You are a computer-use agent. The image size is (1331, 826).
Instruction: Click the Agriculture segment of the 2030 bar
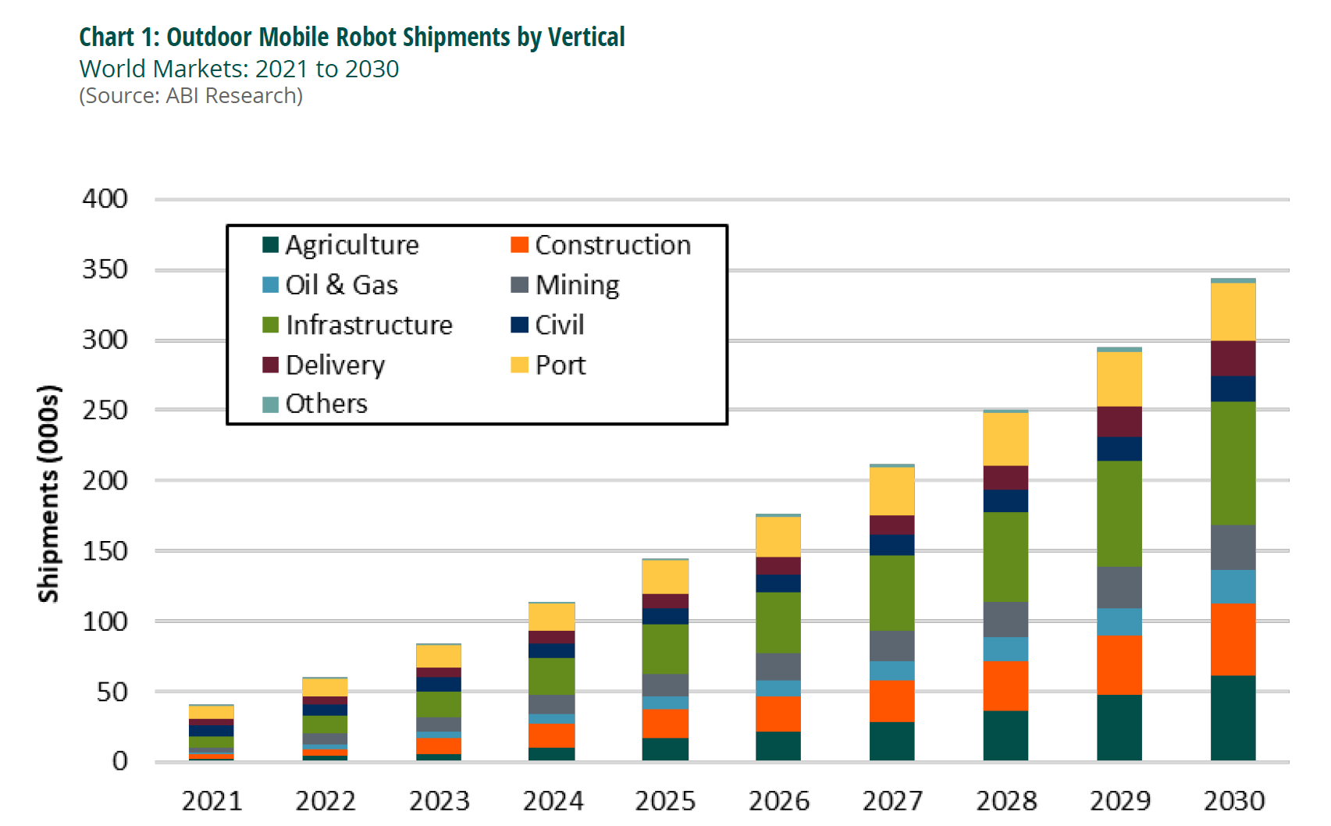(1233, 717)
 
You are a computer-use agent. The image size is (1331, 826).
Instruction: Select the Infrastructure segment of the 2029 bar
(1119, 514)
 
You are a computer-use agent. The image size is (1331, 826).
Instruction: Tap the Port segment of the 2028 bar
(1005, 439)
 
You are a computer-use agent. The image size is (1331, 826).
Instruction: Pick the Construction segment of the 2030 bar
(1233, 639)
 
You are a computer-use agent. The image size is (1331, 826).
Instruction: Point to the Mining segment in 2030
(1233, 547)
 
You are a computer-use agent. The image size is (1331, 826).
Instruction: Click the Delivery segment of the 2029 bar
(1119, 422)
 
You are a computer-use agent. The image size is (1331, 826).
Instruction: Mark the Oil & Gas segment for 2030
(1233, 586)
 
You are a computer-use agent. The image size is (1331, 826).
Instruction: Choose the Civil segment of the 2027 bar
(891, 545)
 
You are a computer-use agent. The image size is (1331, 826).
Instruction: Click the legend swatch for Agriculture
(270, 245)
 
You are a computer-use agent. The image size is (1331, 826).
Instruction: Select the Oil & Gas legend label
(342, 285)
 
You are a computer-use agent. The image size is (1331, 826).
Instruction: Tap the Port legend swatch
(519, 365)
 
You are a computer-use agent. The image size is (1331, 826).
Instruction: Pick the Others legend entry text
(326, 404)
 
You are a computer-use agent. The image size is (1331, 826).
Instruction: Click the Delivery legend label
(336, 365)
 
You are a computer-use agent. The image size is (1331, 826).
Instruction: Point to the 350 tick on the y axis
(105, 269)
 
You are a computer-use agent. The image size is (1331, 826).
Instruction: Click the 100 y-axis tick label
(105, 621)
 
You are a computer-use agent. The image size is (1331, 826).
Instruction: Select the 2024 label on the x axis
(553, 801)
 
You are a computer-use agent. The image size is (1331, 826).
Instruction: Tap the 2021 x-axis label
(212, 801)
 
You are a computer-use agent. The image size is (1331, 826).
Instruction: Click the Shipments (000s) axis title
(48, 493)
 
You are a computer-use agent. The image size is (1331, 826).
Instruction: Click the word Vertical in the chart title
(586, 37)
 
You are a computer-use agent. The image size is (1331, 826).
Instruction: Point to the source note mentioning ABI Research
(191, 95)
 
